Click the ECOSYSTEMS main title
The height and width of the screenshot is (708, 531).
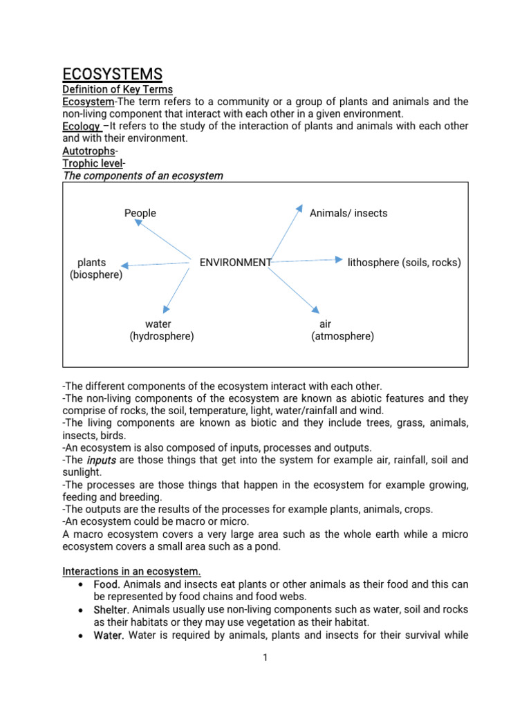pyautogui.click(x=113, y=74)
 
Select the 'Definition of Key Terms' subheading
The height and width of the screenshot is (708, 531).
pyautogui.click(x=118, y=89)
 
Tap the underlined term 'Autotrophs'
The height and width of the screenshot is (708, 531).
pyautogui.click(x=88, y=151)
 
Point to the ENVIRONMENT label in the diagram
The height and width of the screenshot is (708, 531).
pyautogui.click(x=235, y=263)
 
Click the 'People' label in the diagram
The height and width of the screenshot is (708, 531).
pyautogui.click(x=140, y=213)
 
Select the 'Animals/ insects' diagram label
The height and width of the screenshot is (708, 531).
pyautogui.click(x=348, y=213)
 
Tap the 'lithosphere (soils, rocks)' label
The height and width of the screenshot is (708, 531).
pyautogui.click(x=404, y=263)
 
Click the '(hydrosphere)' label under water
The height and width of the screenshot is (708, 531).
pyautogui.click(x=162, y=336)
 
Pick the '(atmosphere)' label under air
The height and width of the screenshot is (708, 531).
pyautogui.click(x=343, y=336)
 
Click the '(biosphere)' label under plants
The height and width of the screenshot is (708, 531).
pyautogui.click(x=96, y=275)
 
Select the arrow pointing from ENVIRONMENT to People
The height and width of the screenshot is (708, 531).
pyautogui.click(x=162, y=240)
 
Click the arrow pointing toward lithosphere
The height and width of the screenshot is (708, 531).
pyautogui.click(x=307, y=261)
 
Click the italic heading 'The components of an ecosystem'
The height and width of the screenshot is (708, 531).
pyautogui.click(x=143, y=176)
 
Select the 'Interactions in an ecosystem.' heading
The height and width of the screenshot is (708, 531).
pyautogui.click(x=132, y=571)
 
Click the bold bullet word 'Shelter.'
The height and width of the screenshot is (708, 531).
pyautogui.click(x=111, y=609)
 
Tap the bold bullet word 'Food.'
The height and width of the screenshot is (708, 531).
pyautogui.click(x=107, y=584)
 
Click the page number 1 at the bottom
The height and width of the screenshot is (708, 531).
pyautogui.click(x=265, y=658)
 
